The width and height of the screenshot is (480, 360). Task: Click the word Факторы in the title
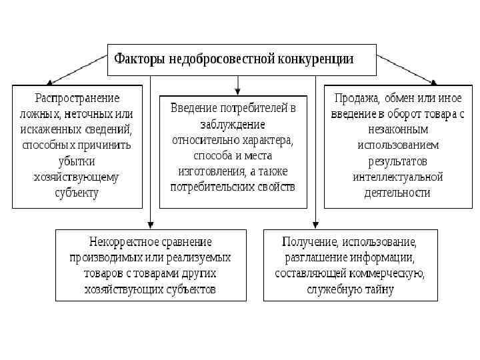[141, 59]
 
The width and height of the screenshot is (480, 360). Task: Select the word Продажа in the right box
[357, 98]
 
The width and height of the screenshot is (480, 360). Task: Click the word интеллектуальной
[398, 177]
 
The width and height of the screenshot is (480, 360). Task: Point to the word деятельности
[398, 193]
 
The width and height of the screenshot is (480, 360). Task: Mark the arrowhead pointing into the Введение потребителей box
[238, 91]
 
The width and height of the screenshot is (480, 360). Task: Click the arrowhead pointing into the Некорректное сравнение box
[151, 225]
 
